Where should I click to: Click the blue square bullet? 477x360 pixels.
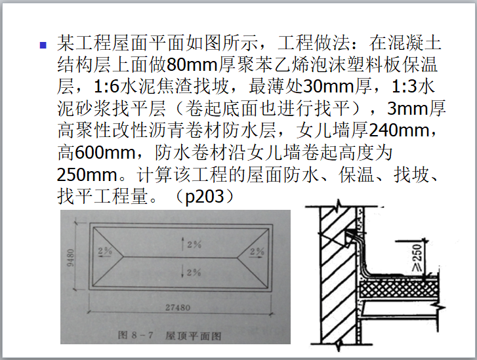pos(43,45)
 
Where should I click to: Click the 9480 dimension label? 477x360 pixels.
pos(70,258)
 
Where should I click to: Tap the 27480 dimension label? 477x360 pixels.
pos(178,308)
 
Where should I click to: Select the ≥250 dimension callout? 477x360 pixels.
pos(417,257)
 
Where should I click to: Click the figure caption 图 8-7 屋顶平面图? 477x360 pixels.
pos(169,336)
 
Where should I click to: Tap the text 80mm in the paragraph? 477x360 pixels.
pos(192,65)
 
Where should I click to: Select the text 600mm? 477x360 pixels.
pos(105,152)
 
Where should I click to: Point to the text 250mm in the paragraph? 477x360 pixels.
pos(87,174)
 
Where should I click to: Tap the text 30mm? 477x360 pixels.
pos(328,87)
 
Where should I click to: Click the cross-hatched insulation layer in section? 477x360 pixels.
pos(398,289)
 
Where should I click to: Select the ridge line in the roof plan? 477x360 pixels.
pos(180,257)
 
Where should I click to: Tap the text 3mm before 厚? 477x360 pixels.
pos(407,109)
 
